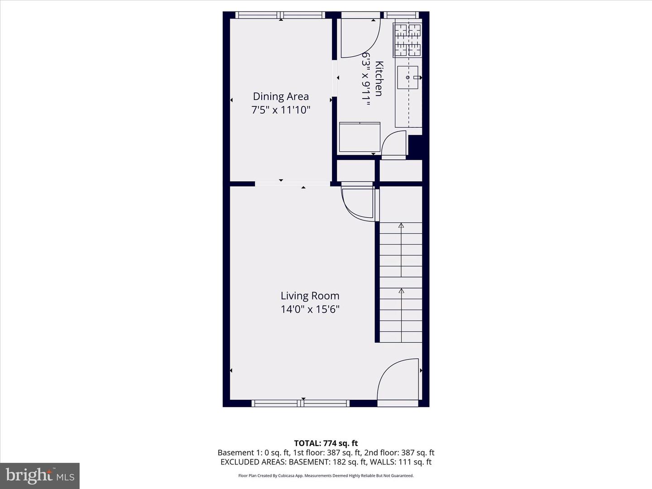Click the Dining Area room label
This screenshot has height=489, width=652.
coord(281,96)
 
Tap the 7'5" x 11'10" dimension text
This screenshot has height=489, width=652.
coord(281,110)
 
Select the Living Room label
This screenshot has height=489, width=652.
coord(310,296)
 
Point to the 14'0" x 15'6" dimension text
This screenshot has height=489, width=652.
coord(310,309)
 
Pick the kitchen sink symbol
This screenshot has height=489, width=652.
coord(407,77)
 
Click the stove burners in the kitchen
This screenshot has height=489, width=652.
coord(408,40)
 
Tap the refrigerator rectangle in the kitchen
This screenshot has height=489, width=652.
coord(360,137)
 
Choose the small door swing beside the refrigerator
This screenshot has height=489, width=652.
coord(394,144)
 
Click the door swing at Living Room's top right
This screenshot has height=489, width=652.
coord(358,204)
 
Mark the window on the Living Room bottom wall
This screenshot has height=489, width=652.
coord(301,403)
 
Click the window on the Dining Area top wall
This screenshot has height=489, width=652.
coord(280,15)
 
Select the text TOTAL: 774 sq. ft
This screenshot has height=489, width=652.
coord(326,443)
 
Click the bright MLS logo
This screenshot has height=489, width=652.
coord(40,475)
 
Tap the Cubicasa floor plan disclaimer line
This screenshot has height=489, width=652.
coord(326,475)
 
